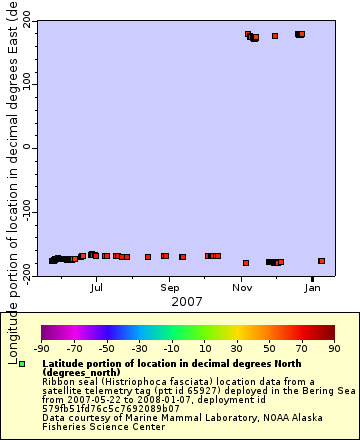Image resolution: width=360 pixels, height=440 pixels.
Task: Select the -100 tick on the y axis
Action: pyautogui.click(x=20, y=212)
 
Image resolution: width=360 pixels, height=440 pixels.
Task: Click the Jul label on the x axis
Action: pyautogui.click(x=97, y=288)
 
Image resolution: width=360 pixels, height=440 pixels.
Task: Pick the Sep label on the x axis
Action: pyautogui.click(x=169, y=288)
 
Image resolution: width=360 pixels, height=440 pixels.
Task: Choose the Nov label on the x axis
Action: pyautogui.click(x=243, y=288)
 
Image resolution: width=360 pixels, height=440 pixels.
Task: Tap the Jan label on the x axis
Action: pyautogui.click(x=313, y=288)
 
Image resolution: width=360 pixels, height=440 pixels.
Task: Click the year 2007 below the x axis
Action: pyautogui.click(x=187, y=301)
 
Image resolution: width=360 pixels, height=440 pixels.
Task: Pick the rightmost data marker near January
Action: pyautogui.click(x=321, y=261)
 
